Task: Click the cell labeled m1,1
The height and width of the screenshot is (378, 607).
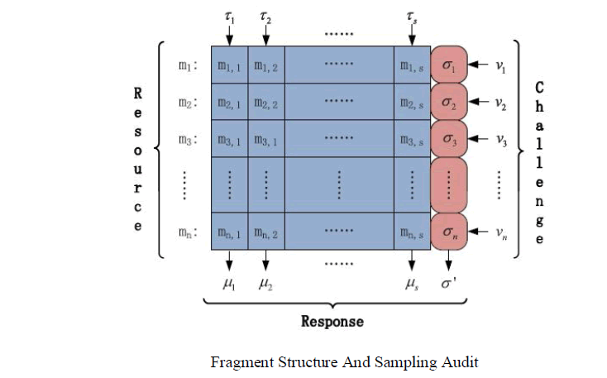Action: pos(229,65)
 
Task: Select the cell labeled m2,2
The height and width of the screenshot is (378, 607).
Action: pos(265,103)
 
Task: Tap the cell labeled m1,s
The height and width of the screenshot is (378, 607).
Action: pos(411,65)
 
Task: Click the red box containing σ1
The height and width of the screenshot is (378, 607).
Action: pos(449,65)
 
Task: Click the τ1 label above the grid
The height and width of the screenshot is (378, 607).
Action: pos(230,16)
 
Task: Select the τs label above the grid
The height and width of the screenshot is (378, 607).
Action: pos(411,16)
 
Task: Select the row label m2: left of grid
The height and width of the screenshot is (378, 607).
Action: pos(187,103)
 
